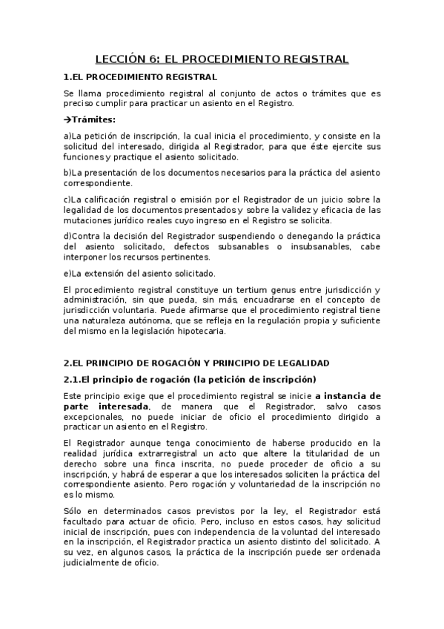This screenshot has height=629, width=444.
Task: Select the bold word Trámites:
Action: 94,119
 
